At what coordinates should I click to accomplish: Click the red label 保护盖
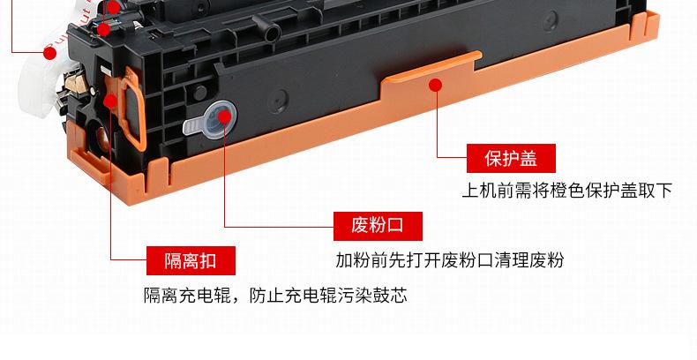tap(511, 159)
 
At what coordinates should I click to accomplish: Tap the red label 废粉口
tap(377, 225)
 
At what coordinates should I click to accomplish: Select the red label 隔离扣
tap(190, 260)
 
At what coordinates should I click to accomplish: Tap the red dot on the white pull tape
tap(50, 53)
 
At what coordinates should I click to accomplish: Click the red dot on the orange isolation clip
tap(109, 100)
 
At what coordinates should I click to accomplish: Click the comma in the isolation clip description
tap(239, 296)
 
